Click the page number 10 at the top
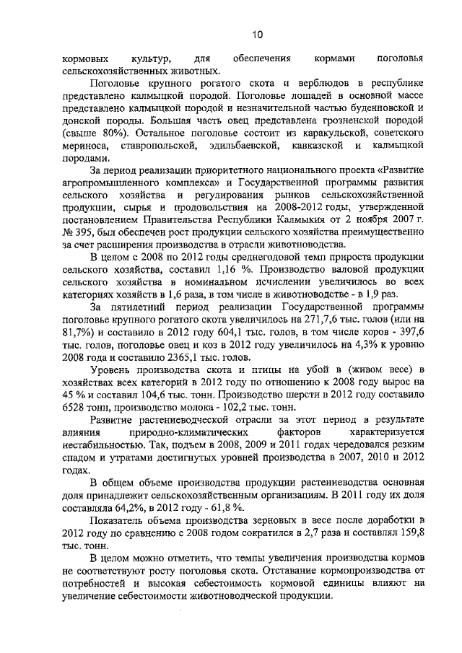point(258,32)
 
